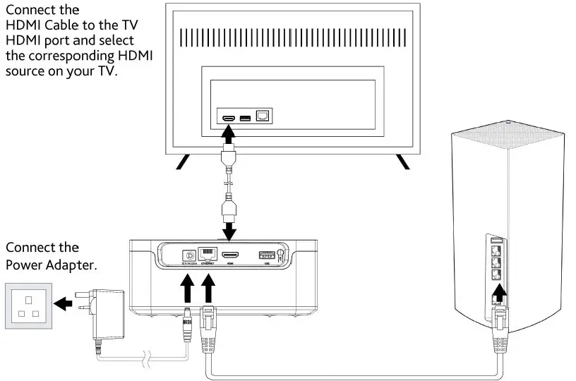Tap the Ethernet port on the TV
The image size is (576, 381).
point(263,115)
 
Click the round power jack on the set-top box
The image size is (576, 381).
point(189,257)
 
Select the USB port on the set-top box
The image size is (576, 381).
point(268,255)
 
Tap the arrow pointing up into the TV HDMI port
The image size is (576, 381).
point(229,135)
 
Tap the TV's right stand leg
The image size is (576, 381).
point(402,162)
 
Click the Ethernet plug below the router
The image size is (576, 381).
point(499,322)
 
